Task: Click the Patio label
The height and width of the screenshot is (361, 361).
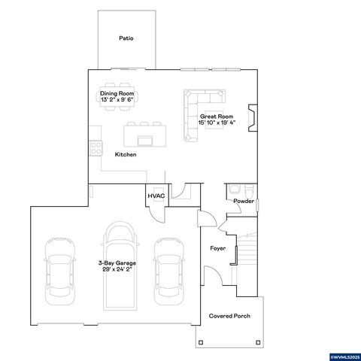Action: [126, 38]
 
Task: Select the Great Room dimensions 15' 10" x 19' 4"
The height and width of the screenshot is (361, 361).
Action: [217, 122]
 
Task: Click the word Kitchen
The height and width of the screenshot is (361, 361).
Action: [125, 154]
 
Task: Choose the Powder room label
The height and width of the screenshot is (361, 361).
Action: [243, 202]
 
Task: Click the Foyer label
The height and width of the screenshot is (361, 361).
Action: [218, 247]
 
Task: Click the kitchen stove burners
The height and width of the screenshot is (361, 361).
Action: [96, 147]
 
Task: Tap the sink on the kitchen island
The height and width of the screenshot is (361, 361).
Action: [144, 140]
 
